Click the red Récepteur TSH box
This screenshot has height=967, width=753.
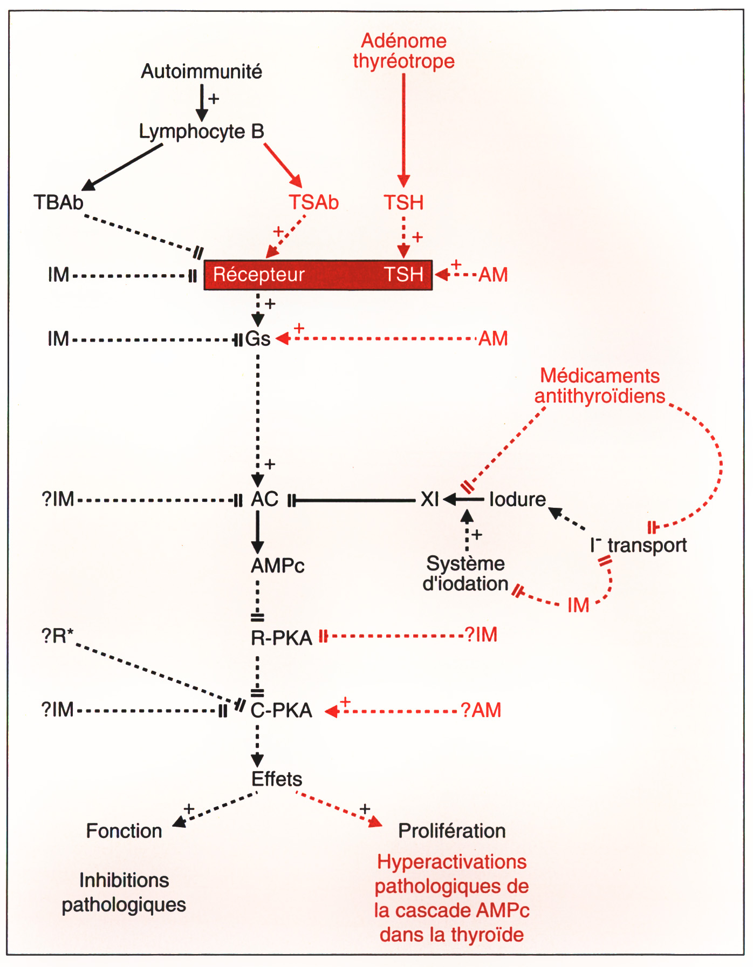318,275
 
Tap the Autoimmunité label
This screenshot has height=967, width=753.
201,71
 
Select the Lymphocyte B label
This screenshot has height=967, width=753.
201,132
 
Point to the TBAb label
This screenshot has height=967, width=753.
58,203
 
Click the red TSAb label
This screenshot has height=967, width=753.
313,203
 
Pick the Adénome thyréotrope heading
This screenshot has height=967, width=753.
403,51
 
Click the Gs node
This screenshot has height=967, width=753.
257,339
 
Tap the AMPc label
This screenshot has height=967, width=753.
278,566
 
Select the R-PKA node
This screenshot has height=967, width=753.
281,638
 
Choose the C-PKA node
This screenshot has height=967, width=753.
281,710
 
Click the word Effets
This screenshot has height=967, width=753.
277,779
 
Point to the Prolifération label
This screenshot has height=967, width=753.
451,831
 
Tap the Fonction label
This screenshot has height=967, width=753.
124,831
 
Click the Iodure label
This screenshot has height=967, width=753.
517,500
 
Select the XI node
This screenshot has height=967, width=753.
429,500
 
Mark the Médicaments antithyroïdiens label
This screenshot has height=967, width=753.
600,386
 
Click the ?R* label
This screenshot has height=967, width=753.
57,636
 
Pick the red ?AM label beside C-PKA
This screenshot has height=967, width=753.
481,710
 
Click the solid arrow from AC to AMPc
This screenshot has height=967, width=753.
258,532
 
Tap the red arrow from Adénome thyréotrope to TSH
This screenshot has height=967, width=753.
403,130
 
